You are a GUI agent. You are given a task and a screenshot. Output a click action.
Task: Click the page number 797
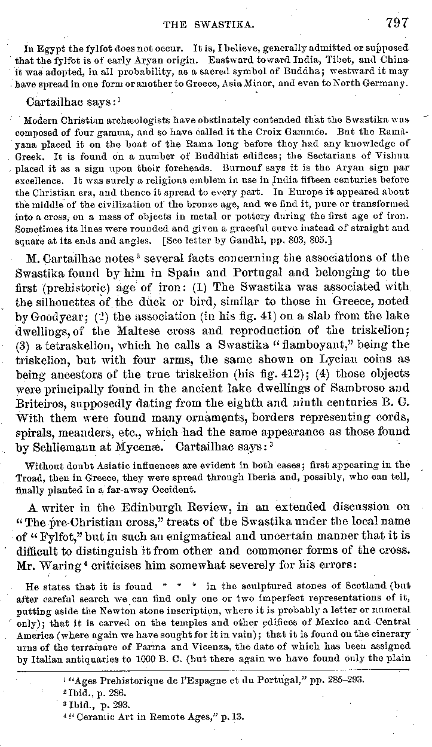click(x=397, y=23)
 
